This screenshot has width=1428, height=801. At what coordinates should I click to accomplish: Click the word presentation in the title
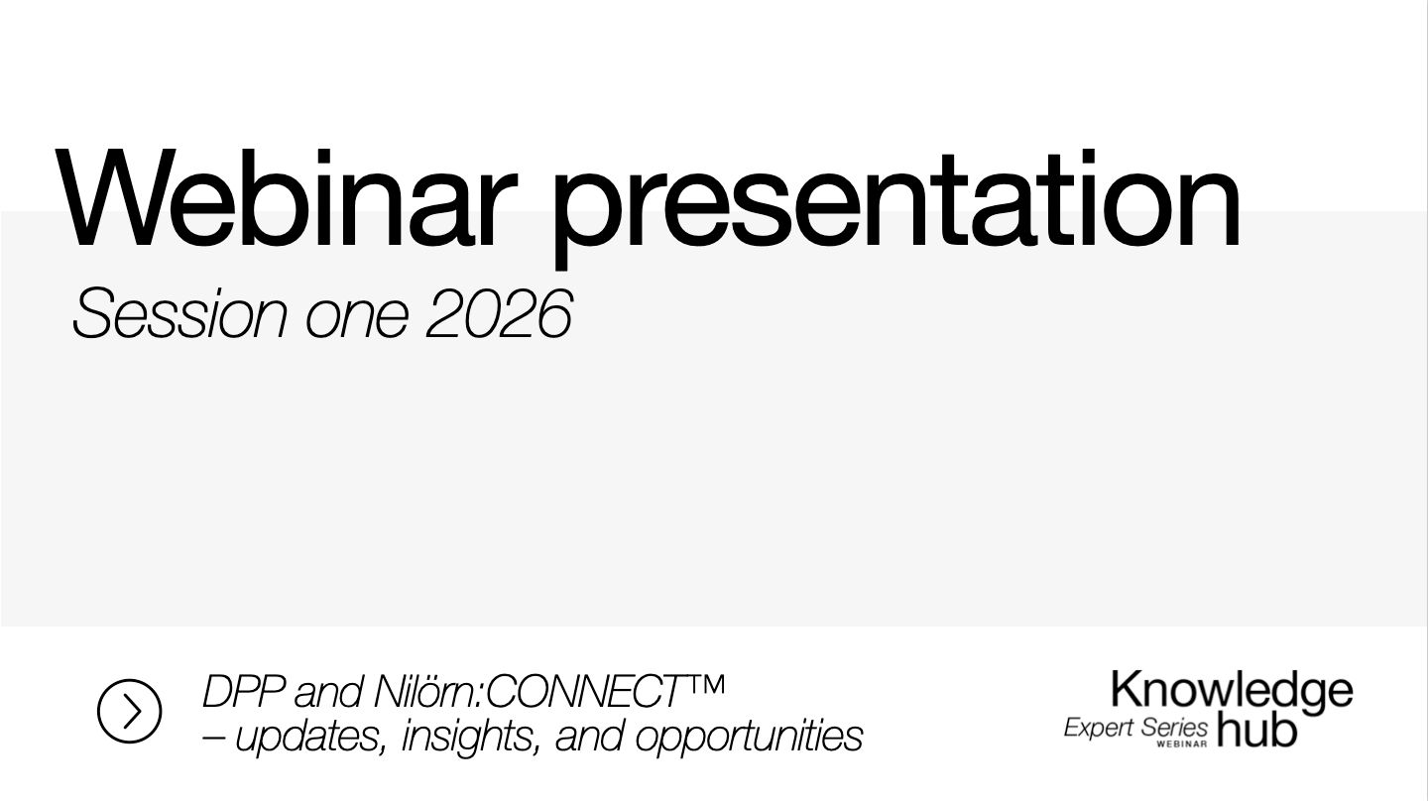coord(895,203)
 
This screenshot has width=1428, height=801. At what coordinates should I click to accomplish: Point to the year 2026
coord(499,315)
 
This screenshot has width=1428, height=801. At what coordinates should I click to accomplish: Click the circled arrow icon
coord(129,712)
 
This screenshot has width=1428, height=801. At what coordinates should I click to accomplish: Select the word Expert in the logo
coord(1098,728)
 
